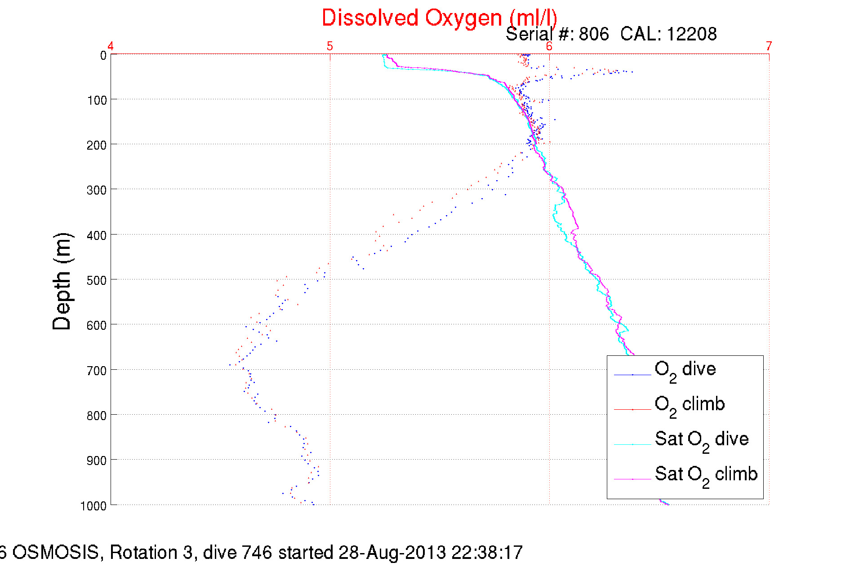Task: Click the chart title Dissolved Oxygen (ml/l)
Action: (x=439, y=18)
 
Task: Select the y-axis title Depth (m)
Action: (x=62, y=282)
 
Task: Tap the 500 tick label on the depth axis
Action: (x=96, y=280)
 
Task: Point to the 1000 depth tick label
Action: (x=93, y=506)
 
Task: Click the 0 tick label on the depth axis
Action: (x=103, y=55)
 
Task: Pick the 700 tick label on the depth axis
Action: (x=96, y=371)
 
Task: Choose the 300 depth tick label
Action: (x=96, y=190)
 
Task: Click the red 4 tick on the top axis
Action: (x=111, y=46)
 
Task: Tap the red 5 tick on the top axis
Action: (x=330, y=46)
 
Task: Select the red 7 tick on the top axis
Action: (x=769, y=46)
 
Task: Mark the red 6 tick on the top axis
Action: (x=549, y=46)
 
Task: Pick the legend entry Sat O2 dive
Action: (x=702, y=439)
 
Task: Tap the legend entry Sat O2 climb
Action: (x=706, y=474)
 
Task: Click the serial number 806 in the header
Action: (x=593, y=34)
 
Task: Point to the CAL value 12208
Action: (x=691, y=34)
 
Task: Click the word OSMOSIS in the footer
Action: (x=55, y=552)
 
